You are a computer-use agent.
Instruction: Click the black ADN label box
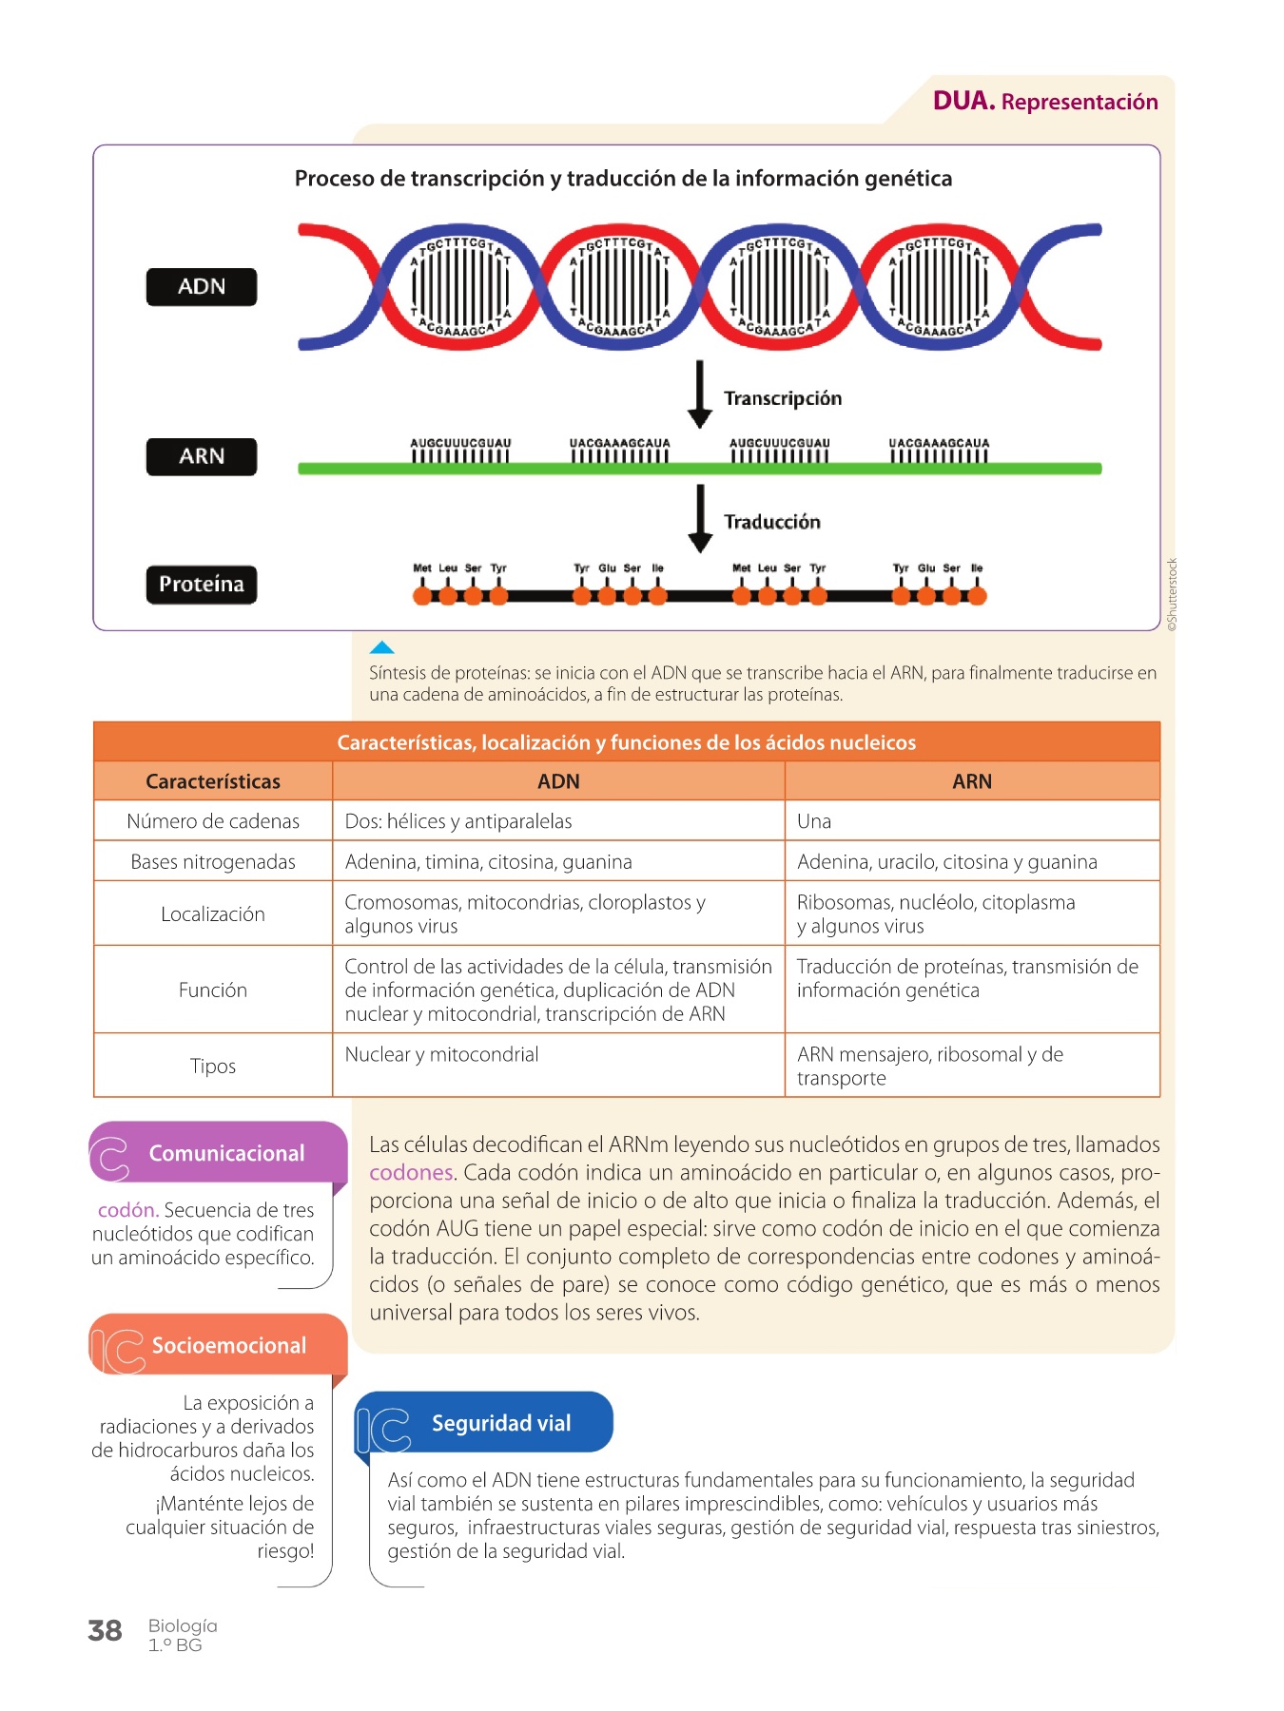[202, 287]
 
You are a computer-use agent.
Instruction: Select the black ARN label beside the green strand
[202, 456]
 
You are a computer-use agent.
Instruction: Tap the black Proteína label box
[202, 584]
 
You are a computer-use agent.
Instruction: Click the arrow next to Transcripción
[700, 394]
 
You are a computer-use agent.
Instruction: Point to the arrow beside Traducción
[700, 518]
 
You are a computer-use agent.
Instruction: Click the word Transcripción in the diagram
[783, 398]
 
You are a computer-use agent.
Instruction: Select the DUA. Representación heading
[1045, 101]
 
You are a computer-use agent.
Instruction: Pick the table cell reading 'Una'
[814, 821]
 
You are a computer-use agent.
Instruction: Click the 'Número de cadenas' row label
[213, 821]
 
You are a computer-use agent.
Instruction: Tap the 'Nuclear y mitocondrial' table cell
[441, 1054]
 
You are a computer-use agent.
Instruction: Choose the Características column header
[213, 781]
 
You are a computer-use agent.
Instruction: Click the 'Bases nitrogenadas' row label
[213, 862]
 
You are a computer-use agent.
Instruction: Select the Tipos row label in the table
[213, 1066]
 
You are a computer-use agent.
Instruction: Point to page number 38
[105, 1631]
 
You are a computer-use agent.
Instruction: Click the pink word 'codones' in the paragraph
[411, 1173]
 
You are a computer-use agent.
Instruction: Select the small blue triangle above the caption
[381, 647]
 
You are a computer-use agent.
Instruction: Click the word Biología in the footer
[183, 1626]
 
